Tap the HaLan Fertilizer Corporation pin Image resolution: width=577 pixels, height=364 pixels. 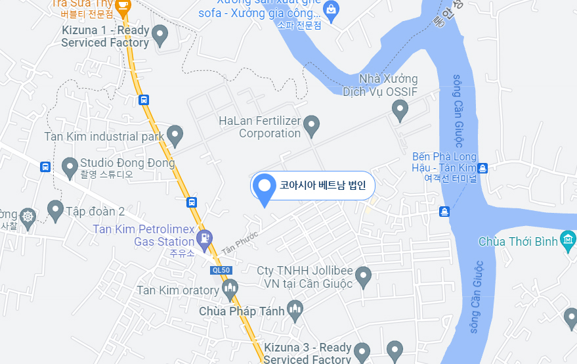(312, 124)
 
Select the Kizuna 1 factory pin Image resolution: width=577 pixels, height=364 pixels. (160, 34)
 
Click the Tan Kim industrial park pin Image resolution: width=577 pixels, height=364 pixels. (174, 135)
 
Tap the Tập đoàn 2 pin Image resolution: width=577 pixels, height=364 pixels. (56, 210)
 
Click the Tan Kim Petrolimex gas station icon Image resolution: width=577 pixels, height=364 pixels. (206, 239)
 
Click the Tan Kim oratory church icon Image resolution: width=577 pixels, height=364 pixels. (230, 288)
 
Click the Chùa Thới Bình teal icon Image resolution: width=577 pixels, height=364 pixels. (568, 240)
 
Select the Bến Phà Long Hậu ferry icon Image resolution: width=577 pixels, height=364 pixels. (482, 168)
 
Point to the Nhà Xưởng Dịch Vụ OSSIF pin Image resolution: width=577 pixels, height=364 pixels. (400, 109)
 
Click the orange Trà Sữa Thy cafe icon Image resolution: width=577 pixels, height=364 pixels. (123, 5)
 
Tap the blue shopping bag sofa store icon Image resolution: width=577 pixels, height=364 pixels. (331, 11)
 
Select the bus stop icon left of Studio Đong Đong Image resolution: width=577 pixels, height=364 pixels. (45, 167)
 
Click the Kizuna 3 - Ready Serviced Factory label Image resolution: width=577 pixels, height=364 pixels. (308, 353)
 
